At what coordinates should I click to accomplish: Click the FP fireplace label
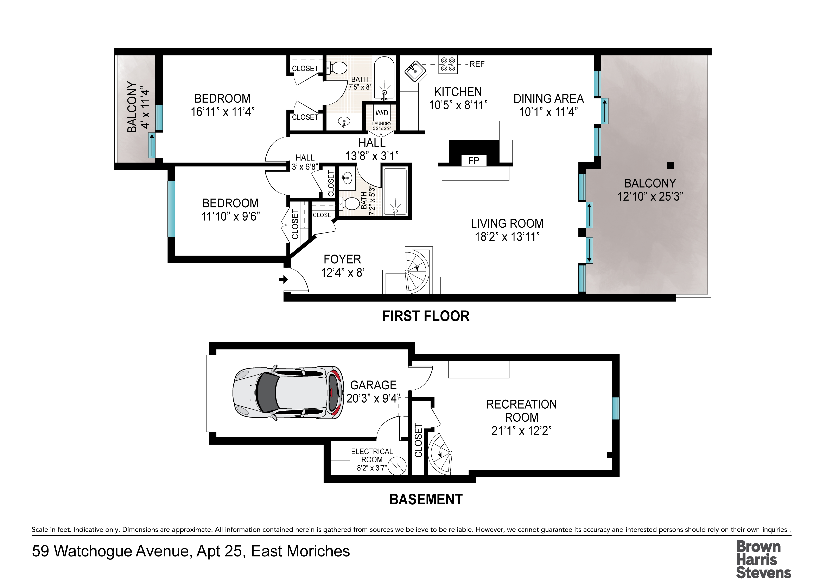pos(474,161)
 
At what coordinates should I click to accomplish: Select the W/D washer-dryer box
pos(382,113)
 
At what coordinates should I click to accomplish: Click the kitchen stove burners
pos(448,65)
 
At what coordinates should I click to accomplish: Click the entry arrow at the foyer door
pos(284,279)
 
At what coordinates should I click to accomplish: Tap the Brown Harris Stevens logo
pos(763,559)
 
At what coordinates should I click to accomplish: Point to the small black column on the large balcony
pos(670,165)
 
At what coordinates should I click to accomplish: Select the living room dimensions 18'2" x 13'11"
pos(507,237)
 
